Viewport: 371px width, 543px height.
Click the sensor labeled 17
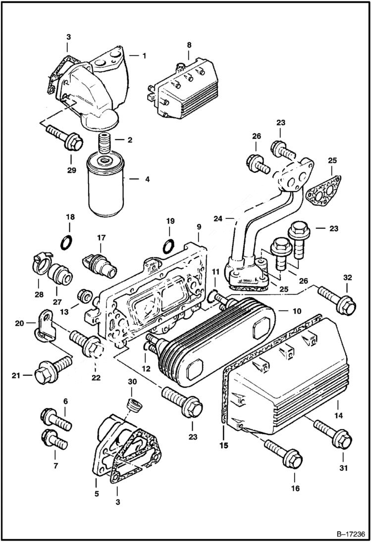point(102,260)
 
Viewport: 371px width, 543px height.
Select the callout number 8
point(189,45)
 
